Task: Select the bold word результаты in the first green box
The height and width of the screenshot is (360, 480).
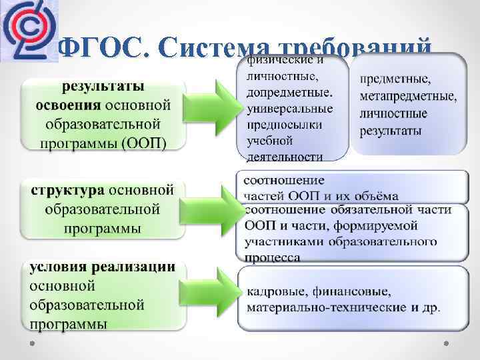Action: tap(103, 88)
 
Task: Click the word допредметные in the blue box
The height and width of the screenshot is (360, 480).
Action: tap(288, 91)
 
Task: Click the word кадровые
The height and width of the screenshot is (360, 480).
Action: tap(275, 292)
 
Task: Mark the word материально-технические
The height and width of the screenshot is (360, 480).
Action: tap(322, 307)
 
